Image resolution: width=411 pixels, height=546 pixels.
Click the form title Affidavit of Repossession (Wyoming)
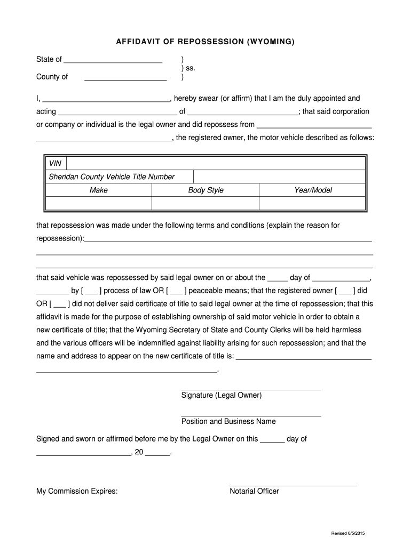205,41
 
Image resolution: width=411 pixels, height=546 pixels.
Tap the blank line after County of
125,78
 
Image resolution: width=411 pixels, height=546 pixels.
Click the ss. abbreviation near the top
188,68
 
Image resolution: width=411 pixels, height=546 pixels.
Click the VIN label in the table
55,164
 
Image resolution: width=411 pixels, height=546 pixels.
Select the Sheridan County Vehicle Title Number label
112,177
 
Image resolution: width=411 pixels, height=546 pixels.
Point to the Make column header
99,190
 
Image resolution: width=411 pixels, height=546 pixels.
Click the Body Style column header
205,190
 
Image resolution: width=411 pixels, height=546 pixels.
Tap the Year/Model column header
313,190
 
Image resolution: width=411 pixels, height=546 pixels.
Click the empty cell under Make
99,204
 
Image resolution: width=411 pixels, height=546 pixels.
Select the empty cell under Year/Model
313,204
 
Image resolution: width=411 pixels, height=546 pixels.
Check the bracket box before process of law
91,291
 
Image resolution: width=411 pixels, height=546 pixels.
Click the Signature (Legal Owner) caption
222,396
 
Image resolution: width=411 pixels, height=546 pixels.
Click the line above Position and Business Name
251,415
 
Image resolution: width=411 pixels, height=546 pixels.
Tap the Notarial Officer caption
254,491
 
